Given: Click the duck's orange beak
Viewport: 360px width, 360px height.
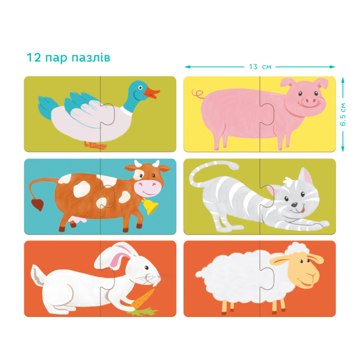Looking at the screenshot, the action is pyautogui.click(x=151, y=93).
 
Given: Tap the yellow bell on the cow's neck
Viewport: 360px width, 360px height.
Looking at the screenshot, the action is pyautogui.click(x=150, y=206).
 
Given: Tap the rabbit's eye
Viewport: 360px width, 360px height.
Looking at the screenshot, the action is pyautogui.click(x=146, y=267).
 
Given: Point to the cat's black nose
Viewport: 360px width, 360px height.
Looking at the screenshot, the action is pyautogui.click(x=294, y=204).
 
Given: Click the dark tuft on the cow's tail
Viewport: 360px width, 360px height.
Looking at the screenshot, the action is pyautogui.click(x=37, y=204).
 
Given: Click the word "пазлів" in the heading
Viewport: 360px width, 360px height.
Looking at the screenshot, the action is pyautogui.click(x=91, y=58).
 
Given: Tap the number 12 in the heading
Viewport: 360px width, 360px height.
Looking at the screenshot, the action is pyautogui.click(x=34, y=57).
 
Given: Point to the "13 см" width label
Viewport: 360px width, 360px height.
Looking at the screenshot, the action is pyautogui.click(x=260, y=67).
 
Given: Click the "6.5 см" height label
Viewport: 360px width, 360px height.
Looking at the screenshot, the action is pyautogui.click(x=343, y=114).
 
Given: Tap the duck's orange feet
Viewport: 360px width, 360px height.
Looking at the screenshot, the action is pyautogui.click(x=95, y=145).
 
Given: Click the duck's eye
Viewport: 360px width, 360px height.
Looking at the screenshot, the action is pyautogui.click(x=140, y=87).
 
